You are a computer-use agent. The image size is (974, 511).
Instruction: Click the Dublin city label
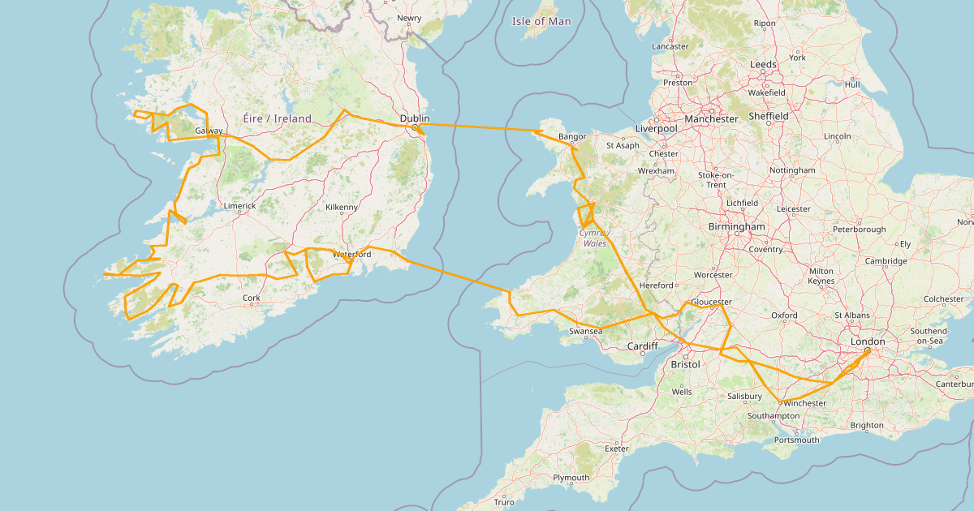click(x=414, y=118)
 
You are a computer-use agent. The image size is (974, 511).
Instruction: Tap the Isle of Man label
click(x=541, y=22)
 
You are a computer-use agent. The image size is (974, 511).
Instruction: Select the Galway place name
click(x=209, y=131)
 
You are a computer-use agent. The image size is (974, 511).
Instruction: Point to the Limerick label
click(x=239, y=206)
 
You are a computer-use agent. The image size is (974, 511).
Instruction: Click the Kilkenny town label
click(x=341, y=208)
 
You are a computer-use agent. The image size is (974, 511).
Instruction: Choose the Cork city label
click(x=252, y=298)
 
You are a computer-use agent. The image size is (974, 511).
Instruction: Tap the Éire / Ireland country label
click(x=277, y=118)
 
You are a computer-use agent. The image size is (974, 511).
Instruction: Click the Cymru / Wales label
click(x=593, y=238)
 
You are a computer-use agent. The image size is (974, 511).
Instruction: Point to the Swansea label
click(x=585, y=332)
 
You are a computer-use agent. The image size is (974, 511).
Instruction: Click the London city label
click(x=867, y=341)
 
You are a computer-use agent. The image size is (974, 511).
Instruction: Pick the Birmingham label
click(x=736, y=226)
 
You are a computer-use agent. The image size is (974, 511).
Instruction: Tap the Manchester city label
click(x=711, y=118)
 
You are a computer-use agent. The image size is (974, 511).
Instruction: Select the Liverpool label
click(x=656, y=128)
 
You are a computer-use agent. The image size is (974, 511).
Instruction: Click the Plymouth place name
click(x=571, y=478)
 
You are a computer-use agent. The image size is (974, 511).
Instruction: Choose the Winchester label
click(x=805, y=403)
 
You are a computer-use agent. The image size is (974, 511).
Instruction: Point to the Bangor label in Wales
click(x=572, y=137)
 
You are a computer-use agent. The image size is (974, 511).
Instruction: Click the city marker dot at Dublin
click(x=414, y=127)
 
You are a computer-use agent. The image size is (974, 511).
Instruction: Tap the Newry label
click(x=409, y=17)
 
